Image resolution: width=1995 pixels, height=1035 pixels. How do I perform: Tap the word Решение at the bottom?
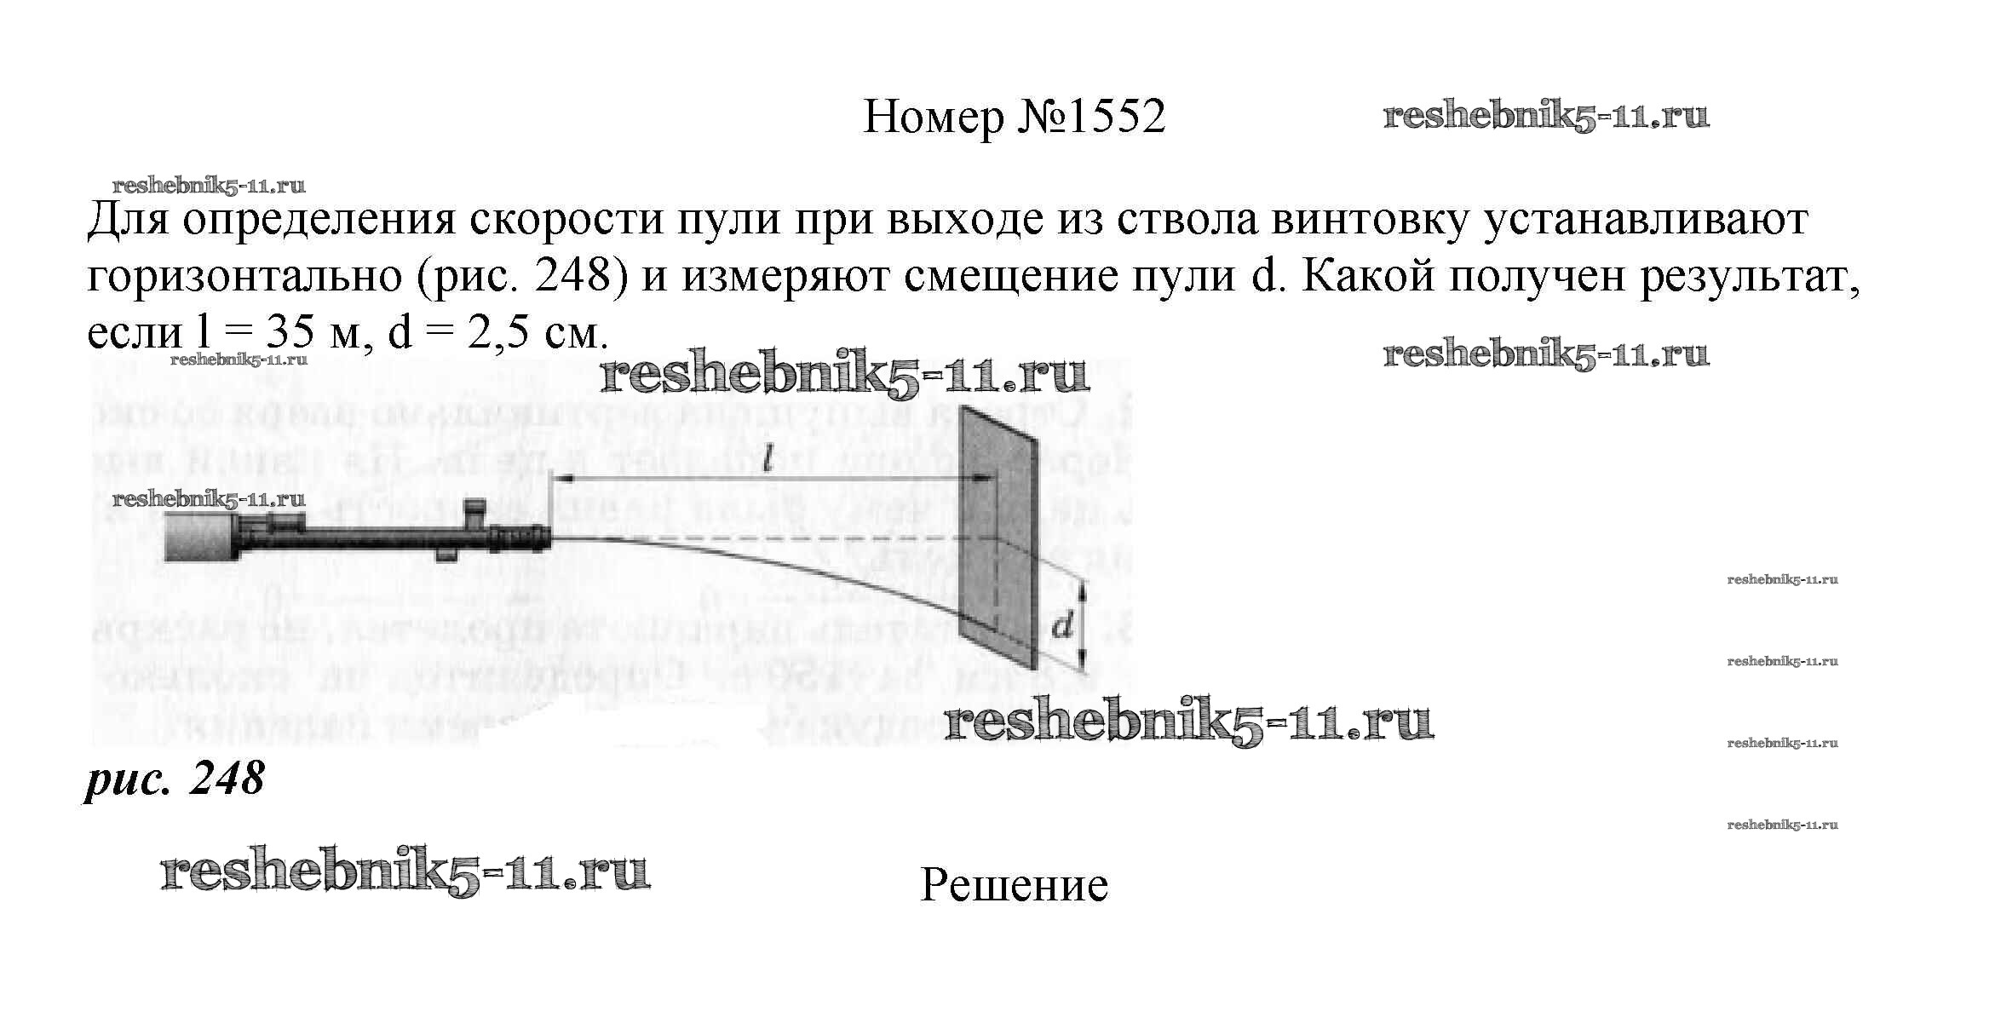tap(1014, 886)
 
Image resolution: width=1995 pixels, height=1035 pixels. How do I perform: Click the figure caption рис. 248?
tap(175, 779)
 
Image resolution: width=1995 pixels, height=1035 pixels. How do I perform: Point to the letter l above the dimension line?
tap(768, 461)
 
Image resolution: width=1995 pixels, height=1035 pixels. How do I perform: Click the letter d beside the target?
tap(1062, 627)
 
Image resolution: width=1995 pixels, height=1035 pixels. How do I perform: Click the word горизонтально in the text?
tap(244, 277)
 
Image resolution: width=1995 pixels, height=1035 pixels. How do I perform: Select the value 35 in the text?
tap(290, 334)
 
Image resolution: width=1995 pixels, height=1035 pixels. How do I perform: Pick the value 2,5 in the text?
tap(496, 334)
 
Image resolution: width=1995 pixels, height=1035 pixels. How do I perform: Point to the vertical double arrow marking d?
tap(1082, 624)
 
